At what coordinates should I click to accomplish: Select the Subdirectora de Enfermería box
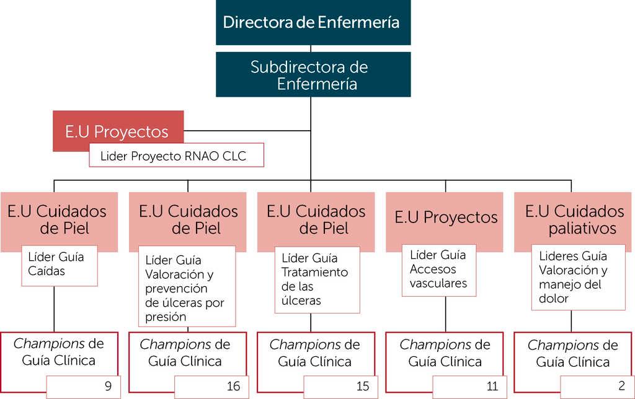313,74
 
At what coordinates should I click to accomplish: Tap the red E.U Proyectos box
118,131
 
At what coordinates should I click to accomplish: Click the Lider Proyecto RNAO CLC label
177,156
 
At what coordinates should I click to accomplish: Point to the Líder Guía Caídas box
60,265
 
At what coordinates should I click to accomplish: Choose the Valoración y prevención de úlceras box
187,286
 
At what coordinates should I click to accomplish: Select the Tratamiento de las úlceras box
317,279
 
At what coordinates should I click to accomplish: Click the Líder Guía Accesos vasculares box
440,270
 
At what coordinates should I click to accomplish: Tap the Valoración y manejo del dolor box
570,278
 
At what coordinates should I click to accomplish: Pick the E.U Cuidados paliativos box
573,221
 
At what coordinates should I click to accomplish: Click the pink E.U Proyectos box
445,218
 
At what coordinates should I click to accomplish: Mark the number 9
109,387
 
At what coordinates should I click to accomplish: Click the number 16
233,387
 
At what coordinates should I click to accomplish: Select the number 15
363,387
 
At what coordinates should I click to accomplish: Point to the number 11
492,387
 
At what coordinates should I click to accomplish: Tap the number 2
621,387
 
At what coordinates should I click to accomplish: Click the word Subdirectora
290,67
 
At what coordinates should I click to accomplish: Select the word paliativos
582,229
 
